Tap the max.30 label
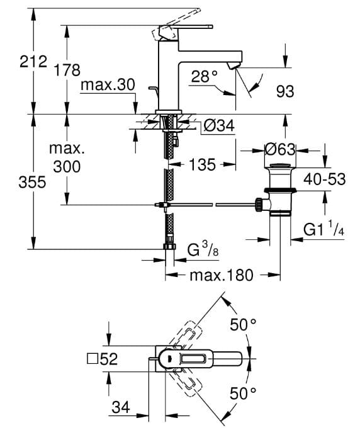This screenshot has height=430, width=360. (x=108, y=85)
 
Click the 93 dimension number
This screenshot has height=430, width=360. (x=284, y=92)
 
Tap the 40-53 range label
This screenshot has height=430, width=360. (x=324, y=179)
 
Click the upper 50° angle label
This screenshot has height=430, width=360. (x=242, y=325)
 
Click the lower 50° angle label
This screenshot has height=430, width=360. (x=242, y=394)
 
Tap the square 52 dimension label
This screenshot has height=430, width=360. (x=102, y=359)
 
